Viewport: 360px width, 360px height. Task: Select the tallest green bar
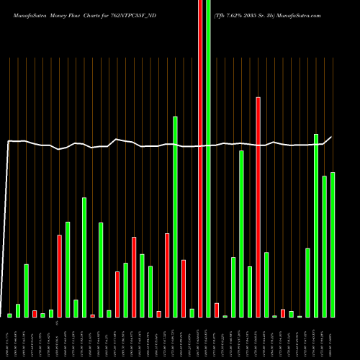point(208,158)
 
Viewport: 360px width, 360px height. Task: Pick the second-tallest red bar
point(258,207)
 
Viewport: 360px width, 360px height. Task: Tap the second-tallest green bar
point(175,216)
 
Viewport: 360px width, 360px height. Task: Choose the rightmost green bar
point(333,245)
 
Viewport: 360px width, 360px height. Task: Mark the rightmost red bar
point(283,313)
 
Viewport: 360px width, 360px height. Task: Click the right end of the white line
point(332,137)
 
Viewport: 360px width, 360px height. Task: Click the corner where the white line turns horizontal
point(9,141)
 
